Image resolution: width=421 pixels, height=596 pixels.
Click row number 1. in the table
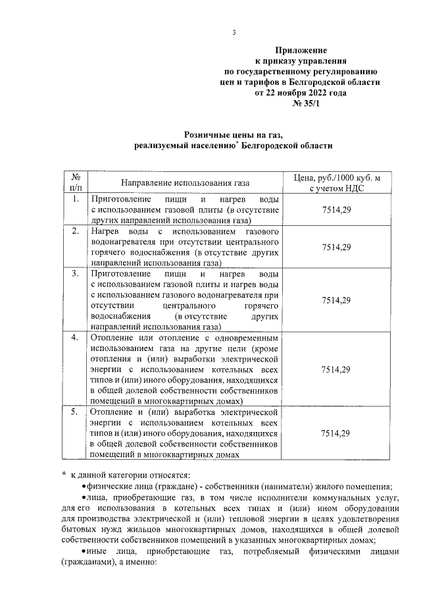(x=76, y=198)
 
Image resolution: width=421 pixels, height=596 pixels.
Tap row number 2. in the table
(x=76, y=230)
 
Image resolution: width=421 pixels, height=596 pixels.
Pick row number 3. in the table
(x=76, y=273)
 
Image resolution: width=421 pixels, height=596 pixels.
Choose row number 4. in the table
(x=76, y=337)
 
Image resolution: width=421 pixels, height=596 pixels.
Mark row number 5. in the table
(x=76, y=412)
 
